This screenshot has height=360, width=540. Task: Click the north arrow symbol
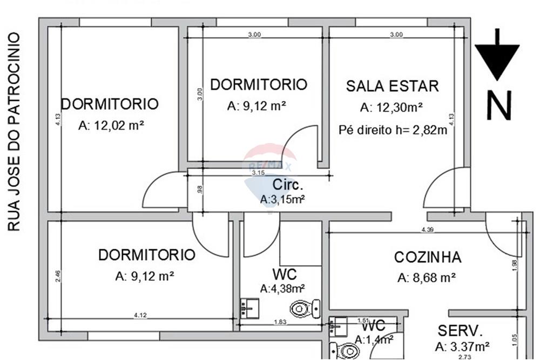pos(497,56)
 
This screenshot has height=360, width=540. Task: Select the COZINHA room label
pos(427,257)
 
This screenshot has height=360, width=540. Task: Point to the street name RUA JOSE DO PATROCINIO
pos(15,132)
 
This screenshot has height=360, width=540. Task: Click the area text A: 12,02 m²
pos(111,125)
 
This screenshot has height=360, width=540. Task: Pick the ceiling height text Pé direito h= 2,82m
pos(393,130)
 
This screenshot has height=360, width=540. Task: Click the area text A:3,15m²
pos(283,199)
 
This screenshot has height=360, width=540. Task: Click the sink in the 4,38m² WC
pos(249,308)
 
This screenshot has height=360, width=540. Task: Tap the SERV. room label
pos(460,330)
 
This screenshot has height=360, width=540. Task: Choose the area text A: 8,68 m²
pos(427,278)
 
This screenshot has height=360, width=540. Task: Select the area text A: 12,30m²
pos(391,107)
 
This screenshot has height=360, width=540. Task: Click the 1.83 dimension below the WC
pos(279,322)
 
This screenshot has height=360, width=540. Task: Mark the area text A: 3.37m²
pos(462,347)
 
